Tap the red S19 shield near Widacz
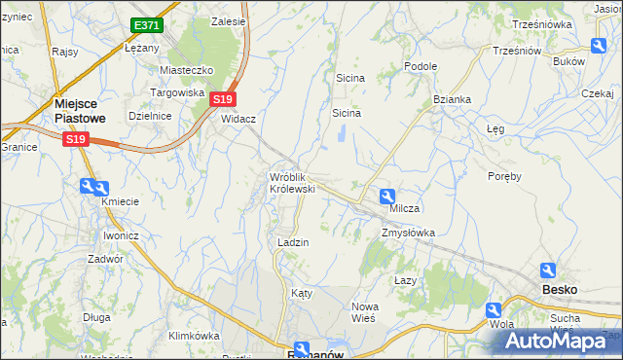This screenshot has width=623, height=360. point(223,99)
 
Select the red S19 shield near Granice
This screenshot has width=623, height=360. point(75,140)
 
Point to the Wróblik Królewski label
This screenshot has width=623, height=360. point(292,183)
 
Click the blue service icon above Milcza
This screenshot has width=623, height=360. point(386,195)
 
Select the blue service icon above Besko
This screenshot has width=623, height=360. point(548,270)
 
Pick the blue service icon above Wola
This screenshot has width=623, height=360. point(495,310)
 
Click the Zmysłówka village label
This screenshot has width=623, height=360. point(408,234)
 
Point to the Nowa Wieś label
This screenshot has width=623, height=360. point(365,312)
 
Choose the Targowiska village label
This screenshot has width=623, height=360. point(176,92)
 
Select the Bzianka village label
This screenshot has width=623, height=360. point(453,99)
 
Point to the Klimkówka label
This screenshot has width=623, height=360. point(194,336)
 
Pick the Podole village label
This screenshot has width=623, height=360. point(421,66)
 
